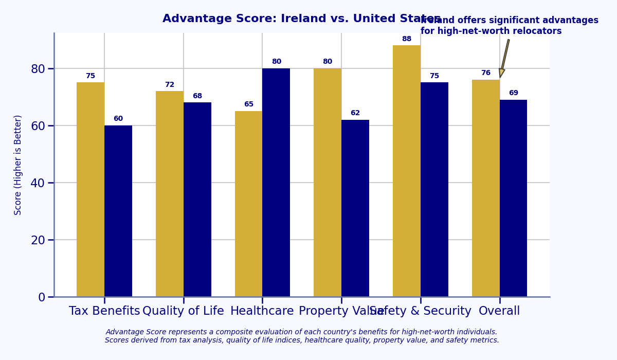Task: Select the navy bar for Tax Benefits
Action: pyautogui.click(x=118, y=211)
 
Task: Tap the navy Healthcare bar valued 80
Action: pyautogui.click(x=276, y=183)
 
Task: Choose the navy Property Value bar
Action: pyautogui.click(x=355, y=208)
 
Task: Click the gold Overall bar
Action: pyautogui.click(x=486, y=188)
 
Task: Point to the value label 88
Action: pyautogui.click(x=407, y=39)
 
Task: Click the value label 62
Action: pyautogui.click(x=355, y=113)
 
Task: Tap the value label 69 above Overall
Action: pyautogui.click(x=514, y=93)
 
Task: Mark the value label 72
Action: pyautogui.click(x=170, y=85)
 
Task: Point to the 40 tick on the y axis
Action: pyautogui.click(x=38, y=183)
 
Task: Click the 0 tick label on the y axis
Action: pyautogui.click(x=42, y=297)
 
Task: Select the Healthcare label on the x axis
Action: pyautogui.click(x=262, y=311)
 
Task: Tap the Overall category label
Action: pyautogui.click(x=499, y=311)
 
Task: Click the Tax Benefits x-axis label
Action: pyautogui.click(x=104, y=311)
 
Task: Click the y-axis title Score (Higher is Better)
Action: pyautogui.click(x=18, y=165)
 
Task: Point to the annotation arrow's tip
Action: pyautogui.click(x=500, y=77)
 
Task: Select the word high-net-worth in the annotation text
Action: pyautogui.click(x=467, y=31)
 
